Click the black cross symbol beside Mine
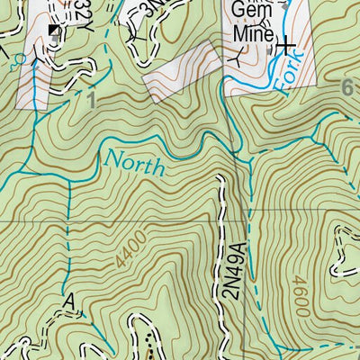tap(285, 44)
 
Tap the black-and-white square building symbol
tap(56, 31)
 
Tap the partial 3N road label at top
tap(148, 11)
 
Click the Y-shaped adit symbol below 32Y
tap(37, 58)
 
